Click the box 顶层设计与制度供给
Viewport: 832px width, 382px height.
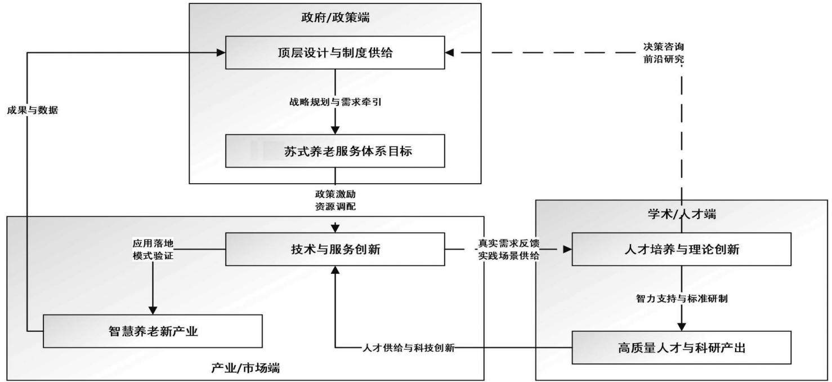[335, 52]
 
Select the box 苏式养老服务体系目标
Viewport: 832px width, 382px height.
[335, 151]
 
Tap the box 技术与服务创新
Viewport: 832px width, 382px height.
[335, 249]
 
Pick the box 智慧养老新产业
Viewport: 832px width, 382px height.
[153, 331]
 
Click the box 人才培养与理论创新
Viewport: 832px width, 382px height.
[682, 249]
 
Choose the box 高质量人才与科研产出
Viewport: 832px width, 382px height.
[682, 348]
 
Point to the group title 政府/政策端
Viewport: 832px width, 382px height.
[335, 17]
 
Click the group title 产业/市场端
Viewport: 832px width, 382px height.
[245, 368]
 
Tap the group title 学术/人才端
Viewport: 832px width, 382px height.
[682, 214]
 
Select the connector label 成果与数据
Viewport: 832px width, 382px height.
[32, 110]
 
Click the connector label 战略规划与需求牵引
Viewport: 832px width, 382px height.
[335, 102]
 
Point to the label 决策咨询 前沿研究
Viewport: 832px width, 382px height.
[664, 53]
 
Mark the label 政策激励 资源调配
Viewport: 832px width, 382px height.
[335, 200]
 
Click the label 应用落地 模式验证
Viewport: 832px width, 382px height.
[153, 250]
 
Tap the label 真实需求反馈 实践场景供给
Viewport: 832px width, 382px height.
[508, 250]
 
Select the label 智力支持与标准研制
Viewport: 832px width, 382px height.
[682, 299]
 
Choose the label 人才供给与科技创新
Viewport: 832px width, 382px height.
[408, 348]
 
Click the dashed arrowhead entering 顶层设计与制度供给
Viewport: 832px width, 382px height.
[449, 53]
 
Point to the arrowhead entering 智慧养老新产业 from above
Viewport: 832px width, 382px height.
[153, 310]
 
